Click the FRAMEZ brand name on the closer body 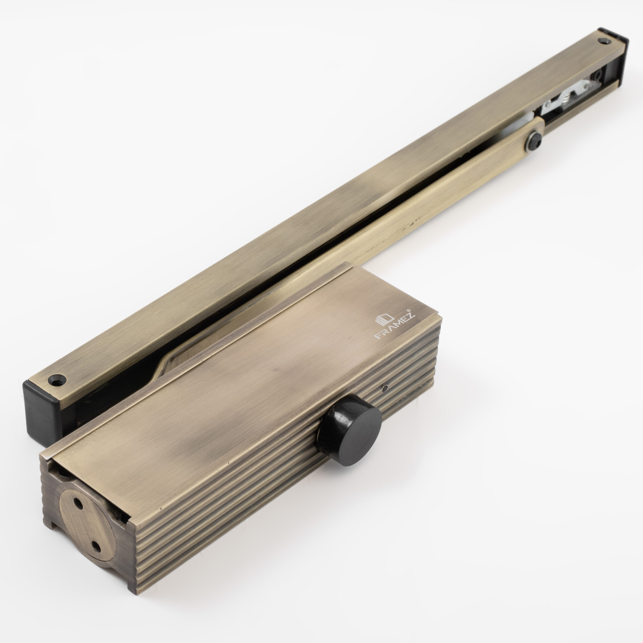click(395, 327)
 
